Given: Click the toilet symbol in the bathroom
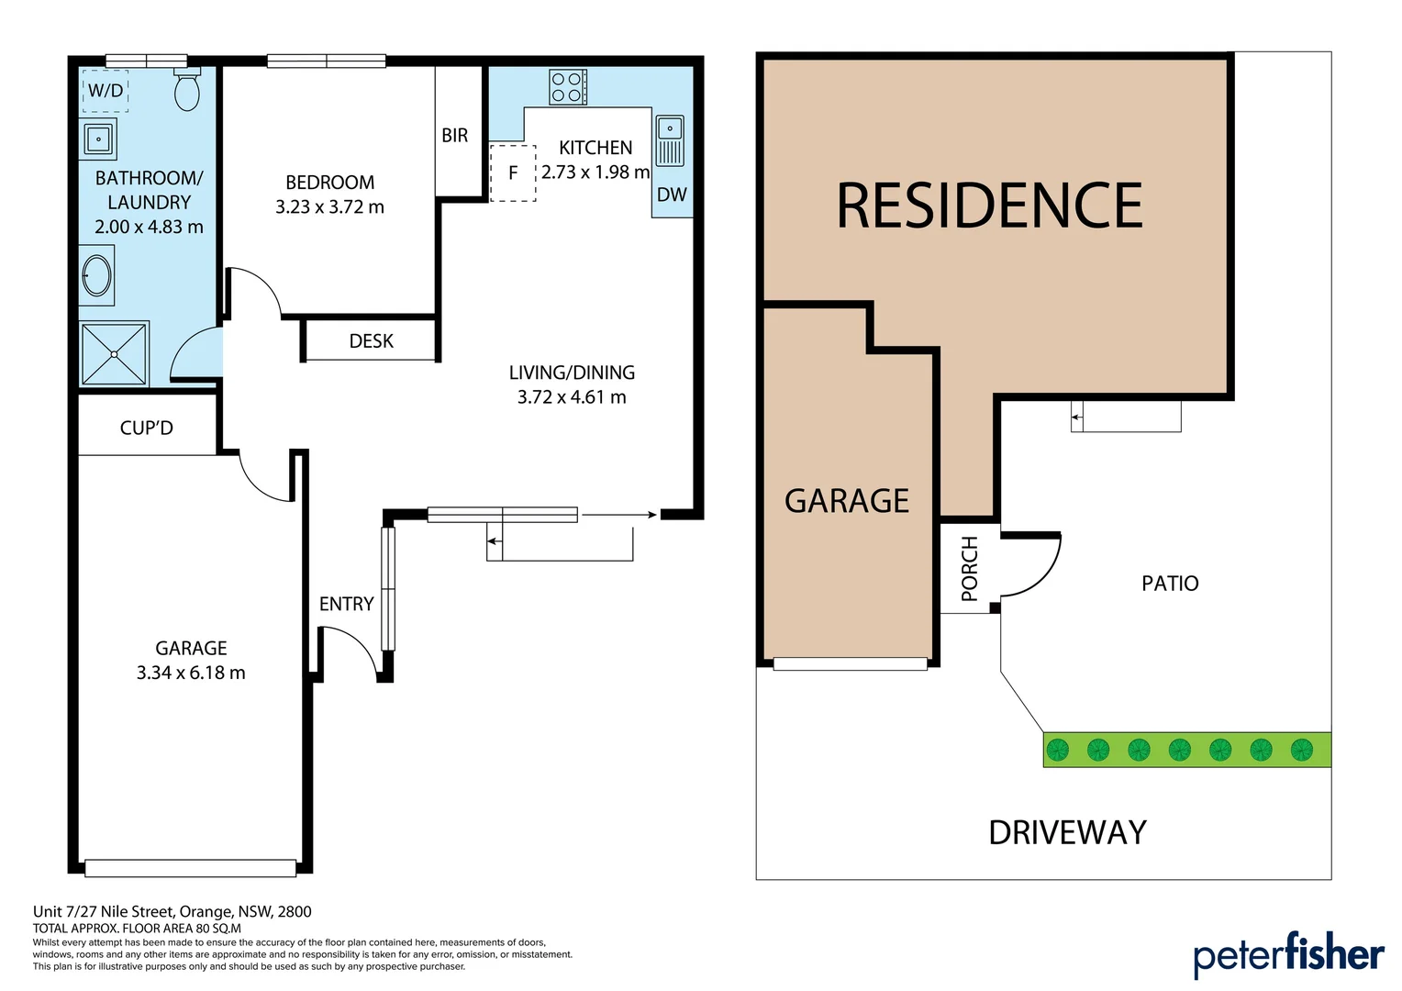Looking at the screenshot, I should (x=187, y=91).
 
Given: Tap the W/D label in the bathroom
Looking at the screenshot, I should (x=106, y=90).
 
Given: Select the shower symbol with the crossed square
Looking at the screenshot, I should (x=114, y=353).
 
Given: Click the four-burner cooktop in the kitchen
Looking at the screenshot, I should (x=567, y=87).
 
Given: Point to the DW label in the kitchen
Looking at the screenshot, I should (x=672, y=195).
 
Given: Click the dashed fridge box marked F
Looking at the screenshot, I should (x=513, y=173).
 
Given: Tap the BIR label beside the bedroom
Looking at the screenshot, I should (x=455, y=136).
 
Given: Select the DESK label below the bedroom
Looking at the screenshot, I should (x=371, y=341).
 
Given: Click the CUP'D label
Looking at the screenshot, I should (x=147, y=428).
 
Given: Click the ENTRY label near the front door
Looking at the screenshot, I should (x=346, y=604).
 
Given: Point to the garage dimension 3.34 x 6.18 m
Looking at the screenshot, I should (x=191, y=673).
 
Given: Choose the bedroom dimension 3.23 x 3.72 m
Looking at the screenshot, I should (x=329, y=207).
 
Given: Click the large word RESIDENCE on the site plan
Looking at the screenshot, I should (x=989, y=206).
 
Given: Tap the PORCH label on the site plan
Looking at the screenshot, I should (x=970, y=570).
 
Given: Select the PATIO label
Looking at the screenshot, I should (x=1170, y=584).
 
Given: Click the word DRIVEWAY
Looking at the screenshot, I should (x=1067, y=832).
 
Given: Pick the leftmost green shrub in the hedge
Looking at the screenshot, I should (x=1058, y=750).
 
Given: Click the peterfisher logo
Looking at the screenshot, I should (x=1288, y=954).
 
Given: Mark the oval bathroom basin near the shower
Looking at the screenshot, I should (x=97, y=275).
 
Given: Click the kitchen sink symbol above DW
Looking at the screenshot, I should (x=670, y=140).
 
